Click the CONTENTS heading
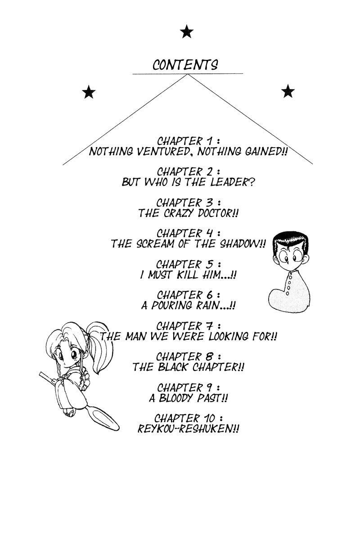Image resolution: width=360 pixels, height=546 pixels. pos(185,65)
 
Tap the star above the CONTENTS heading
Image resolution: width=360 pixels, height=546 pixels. pos(186,32)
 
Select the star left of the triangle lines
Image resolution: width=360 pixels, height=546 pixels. pos(89,93)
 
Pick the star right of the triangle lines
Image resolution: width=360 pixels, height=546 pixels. pos(288,92)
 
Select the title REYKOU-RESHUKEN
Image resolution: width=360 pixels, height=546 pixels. pos(188,429)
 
